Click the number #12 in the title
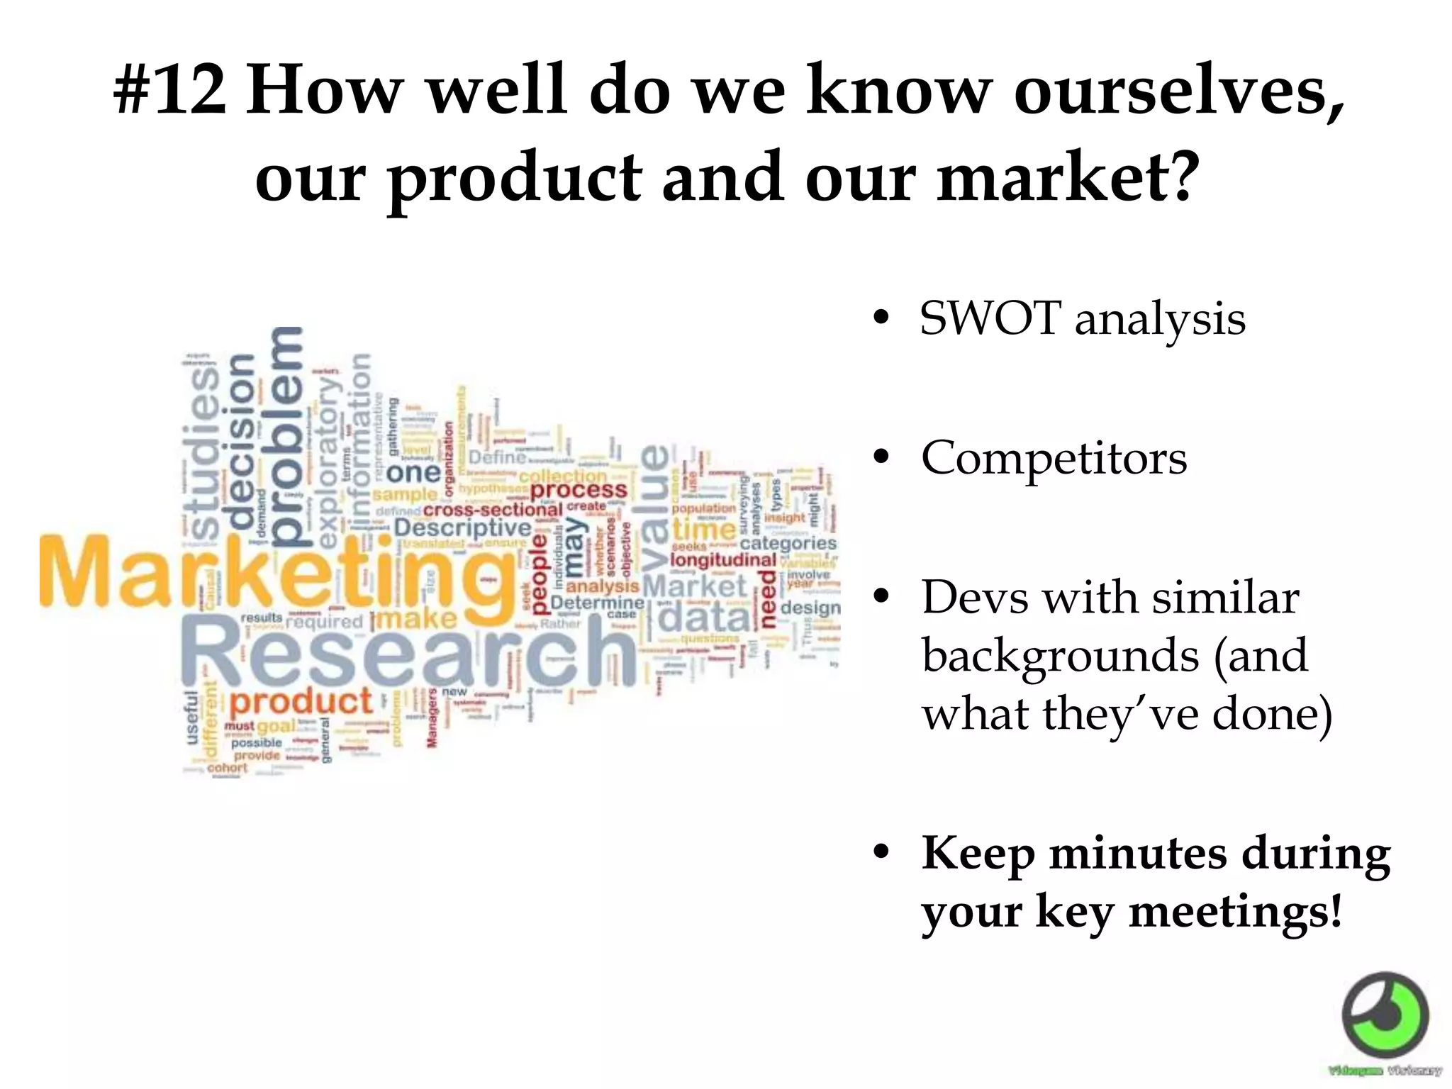[170, 91]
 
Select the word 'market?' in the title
[1068, 177]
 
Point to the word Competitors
[1054, 458]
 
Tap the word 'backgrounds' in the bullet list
[1059, 655]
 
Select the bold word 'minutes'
[1137, 853]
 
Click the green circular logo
[1385, 1015]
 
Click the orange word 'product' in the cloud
[301, 702]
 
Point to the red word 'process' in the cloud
[579, 490]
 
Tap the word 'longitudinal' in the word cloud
[723, 560]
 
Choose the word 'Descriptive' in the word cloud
[462, 528]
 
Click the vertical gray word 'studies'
[205, 454]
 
